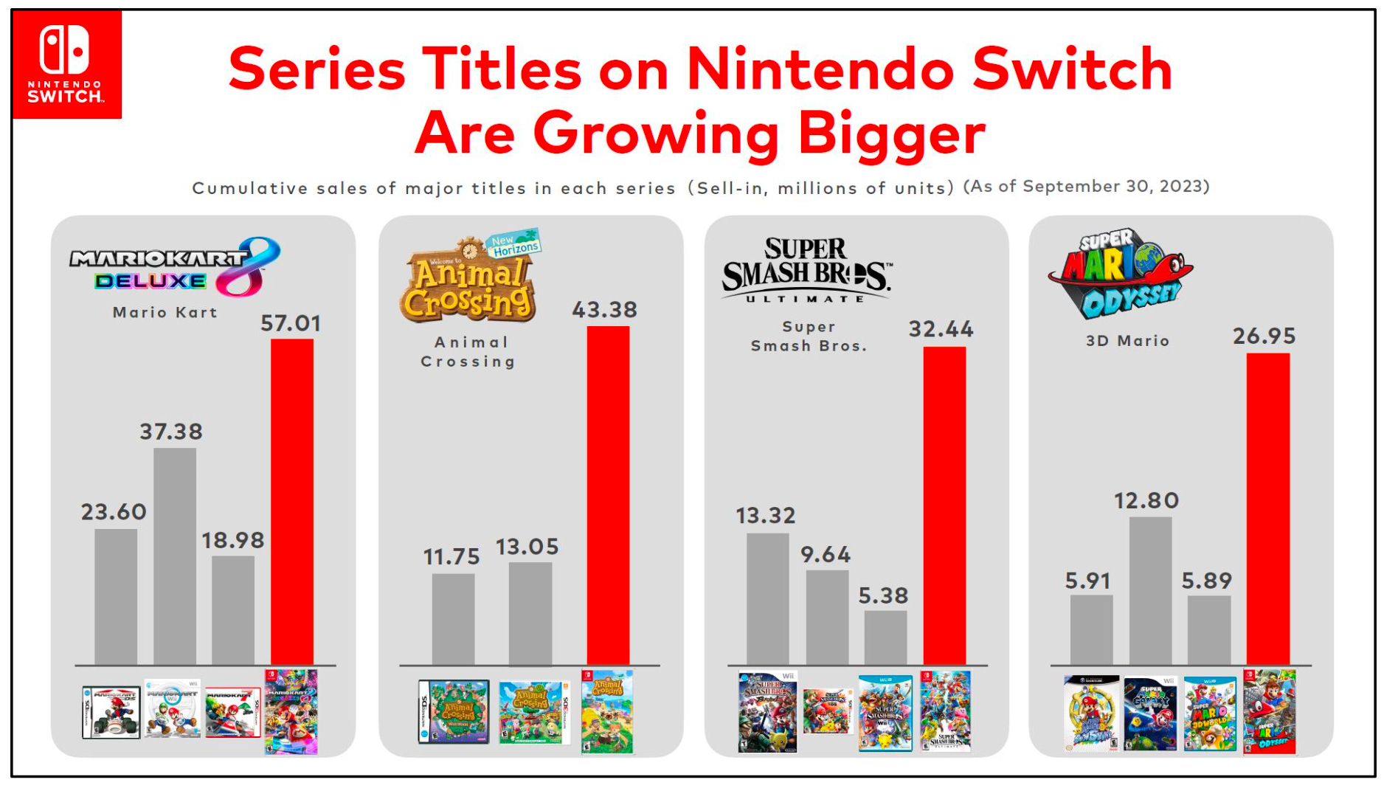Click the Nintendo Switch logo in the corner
[66, 65]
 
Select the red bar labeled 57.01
[291, 502]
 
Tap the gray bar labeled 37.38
[175, 556]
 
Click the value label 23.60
[114, 511]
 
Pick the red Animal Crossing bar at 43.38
[608, 495]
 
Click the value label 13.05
[527, 547]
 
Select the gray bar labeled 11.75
[453, 619]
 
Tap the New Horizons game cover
[607, 711]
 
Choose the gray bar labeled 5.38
[885, 637]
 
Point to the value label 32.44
[941, 329]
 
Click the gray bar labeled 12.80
[1150, 590]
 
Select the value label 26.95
[1264, 336]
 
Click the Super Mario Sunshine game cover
[1091, 713]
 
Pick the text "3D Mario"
[1127, 341]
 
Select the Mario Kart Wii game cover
[173, 709]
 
